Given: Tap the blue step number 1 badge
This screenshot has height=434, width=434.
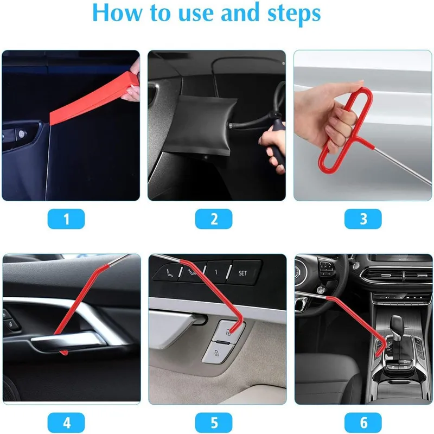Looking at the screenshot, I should [66, 219].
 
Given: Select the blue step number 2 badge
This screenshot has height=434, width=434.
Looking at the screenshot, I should [214, 219].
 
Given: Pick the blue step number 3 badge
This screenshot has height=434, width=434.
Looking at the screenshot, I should [363, 219].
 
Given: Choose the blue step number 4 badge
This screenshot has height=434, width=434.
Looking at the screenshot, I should [66, 422].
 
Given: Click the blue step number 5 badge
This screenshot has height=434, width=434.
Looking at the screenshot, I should [214, 422].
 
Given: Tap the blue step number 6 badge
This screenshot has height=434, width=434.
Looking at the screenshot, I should [363, 422].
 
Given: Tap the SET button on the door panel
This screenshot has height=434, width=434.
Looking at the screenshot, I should [242, 273].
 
